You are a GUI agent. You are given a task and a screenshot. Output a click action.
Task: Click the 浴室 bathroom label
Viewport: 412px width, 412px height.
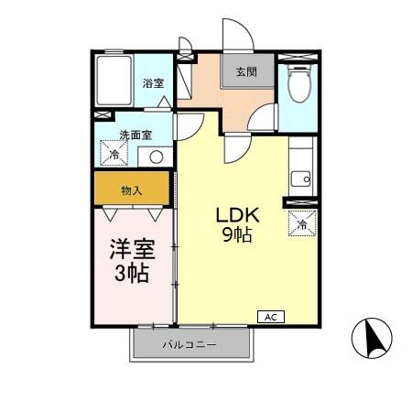click(152, 83)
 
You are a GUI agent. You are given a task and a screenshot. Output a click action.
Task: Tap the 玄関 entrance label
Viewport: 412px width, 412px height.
click(245, 72)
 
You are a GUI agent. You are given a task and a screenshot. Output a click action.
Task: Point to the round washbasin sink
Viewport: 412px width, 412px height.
click(156, 156)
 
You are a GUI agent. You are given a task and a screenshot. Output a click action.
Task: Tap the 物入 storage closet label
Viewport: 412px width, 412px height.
click(132, 190)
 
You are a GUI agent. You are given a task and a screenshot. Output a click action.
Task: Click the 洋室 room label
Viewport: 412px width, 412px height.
click(131, 249)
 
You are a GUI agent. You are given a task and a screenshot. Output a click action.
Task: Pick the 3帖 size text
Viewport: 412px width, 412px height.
click(131, 273)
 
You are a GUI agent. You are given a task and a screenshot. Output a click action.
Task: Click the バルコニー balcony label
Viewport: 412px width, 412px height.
click(190, 345)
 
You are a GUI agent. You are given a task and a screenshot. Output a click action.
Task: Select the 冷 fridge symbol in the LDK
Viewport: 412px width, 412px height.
click(302, 222)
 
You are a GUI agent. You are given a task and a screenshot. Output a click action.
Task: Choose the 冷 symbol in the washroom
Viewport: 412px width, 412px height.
click(114, 154)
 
